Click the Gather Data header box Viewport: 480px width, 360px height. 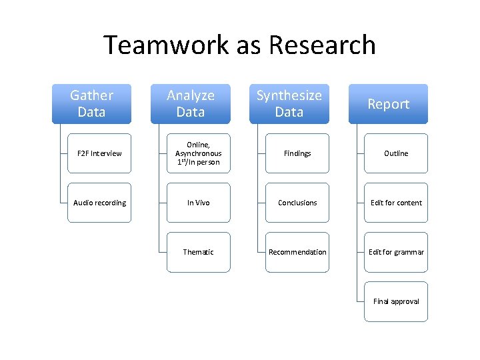(x=91, y=104)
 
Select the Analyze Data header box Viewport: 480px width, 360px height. (x=190, y=104)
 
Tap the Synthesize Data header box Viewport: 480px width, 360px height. (x=289, y=104)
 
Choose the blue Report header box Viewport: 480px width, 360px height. (x=388, y=104)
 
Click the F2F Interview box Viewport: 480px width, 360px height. (x=99, y=153)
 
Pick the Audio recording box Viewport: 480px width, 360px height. (x=99, y=203)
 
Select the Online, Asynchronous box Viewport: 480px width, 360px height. (x=198, y=153)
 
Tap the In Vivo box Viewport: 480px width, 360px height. (x=198, y=203)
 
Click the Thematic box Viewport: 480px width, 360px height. (x=198, y=252)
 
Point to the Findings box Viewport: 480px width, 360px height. (x=297, y=153)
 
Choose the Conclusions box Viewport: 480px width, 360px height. (x=297, y=203)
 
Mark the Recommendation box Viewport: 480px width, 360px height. (x=297, y=252)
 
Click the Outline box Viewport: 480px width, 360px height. (x=396, y=153)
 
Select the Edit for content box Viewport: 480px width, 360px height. (x=396, y=203)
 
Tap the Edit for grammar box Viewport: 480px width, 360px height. (x=396, y=252)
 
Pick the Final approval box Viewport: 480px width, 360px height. (x=396, y=301)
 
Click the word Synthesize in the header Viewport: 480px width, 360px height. (x=289, y=95)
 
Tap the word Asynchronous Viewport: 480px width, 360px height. (x=198, y=153)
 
